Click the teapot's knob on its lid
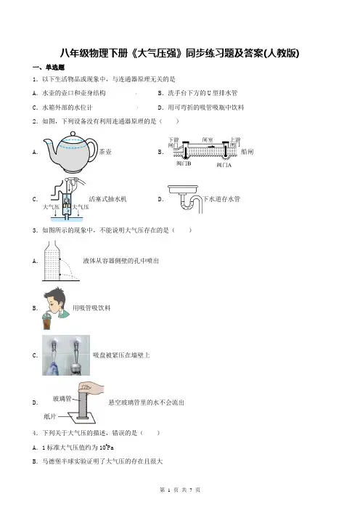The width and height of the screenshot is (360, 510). (73, 134)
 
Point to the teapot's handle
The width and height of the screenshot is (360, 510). (92, 150)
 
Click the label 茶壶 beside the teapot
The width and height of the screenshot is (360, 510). (105, 152)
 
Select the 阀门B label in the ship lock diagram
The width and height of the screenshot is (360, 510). (184, 163)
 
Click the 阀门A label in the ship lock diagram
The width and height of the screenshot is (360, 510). (224, 165)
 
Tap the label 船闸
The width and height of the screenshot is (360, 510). (247, 152)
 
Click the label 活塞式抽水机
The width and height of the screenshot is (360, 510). (108, 199)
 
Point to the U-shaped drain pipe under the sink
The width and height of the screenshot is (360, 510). (191, 205)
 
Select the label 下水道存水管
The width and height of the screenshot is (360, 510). (221, 199)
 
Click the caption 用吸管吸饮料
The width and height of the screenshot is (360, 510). (91, 308)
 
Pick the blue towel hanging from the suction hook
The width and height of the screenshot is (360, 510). (53, 368)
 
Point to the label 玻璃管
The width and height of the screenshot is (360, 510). (62, 399)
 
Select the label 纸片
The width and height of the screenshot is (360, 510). (49, 416)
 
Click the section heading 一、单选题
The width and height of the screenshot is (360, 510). (49, 68)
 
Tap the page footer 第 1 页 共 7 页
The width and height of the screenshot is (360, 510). (180, 490)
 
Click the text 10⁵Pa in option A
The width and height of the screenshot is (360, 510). (106, 448)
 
